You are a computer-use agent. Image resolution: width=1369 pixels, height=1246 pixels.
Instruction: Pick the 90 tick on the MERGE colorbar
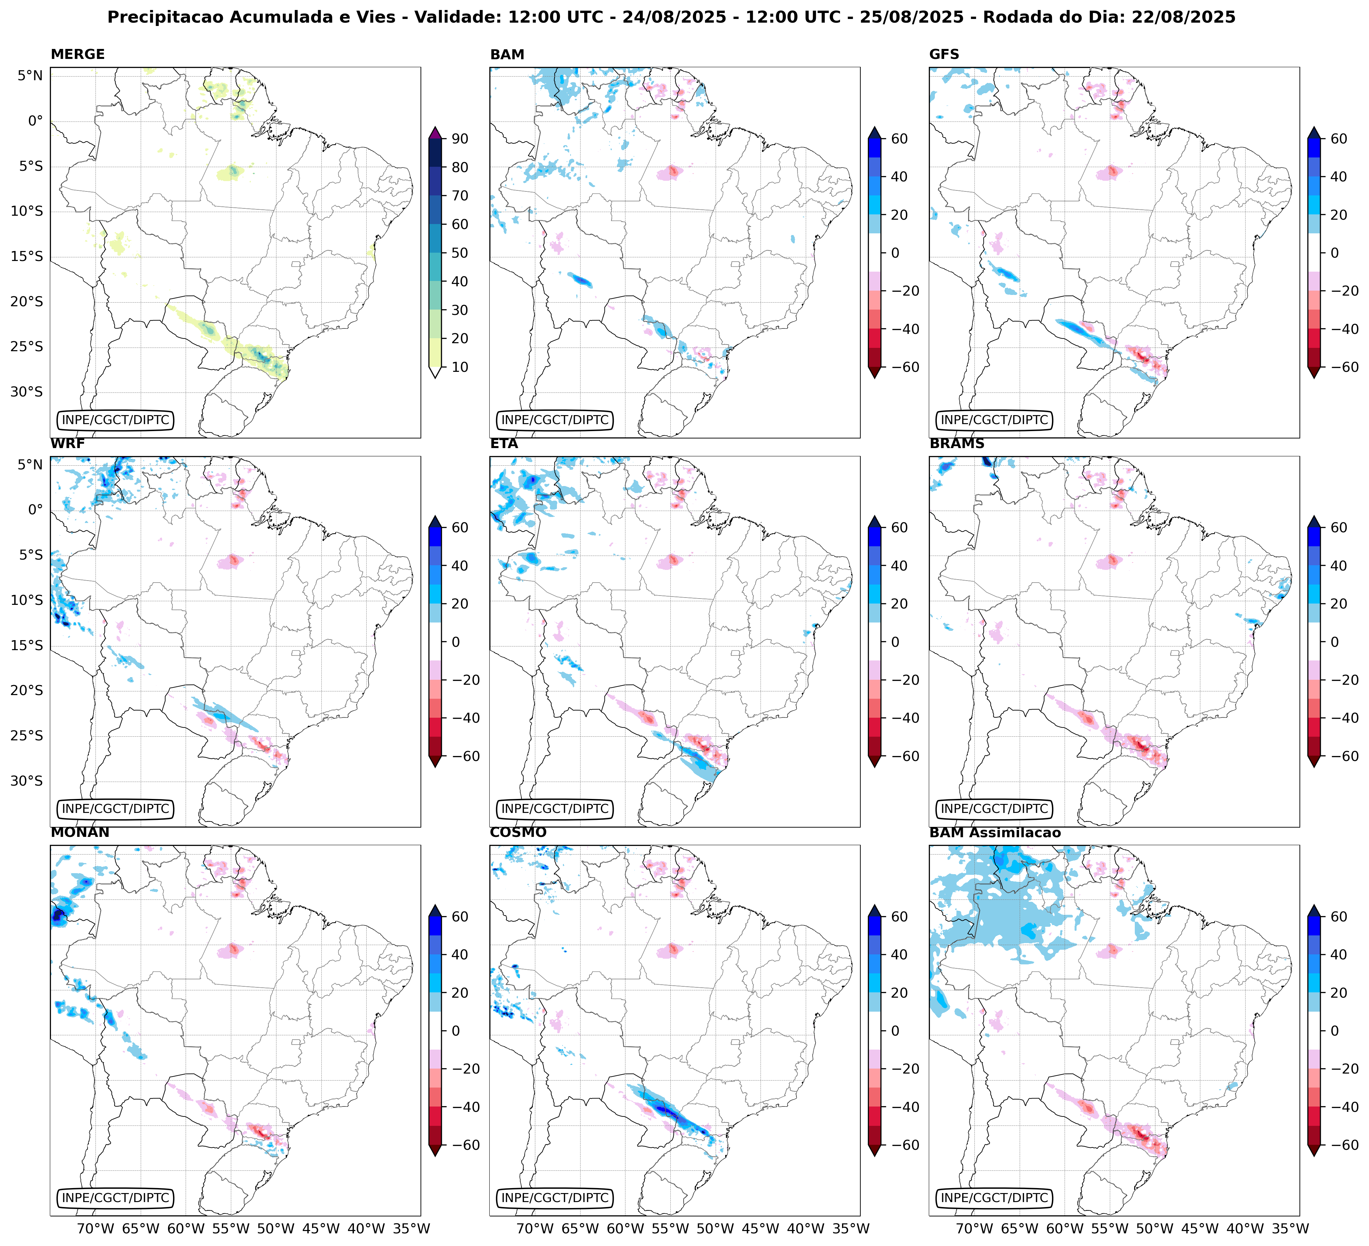point(460,138)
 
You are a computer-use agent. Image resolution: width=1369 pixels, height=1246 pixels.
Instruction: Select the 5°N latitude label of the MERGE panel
point(30,76)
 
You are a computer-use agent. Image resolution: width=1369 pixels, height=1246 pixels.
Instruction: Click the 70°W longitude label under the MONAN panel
point(95,1228)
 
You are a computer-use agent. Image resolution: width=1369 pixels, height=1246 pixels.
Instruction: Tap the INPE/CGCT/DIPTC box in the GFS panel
point(994,420)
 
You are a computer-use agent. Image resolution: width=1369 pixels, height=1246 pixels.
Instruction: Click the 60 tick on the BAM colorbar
point(899,138)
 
